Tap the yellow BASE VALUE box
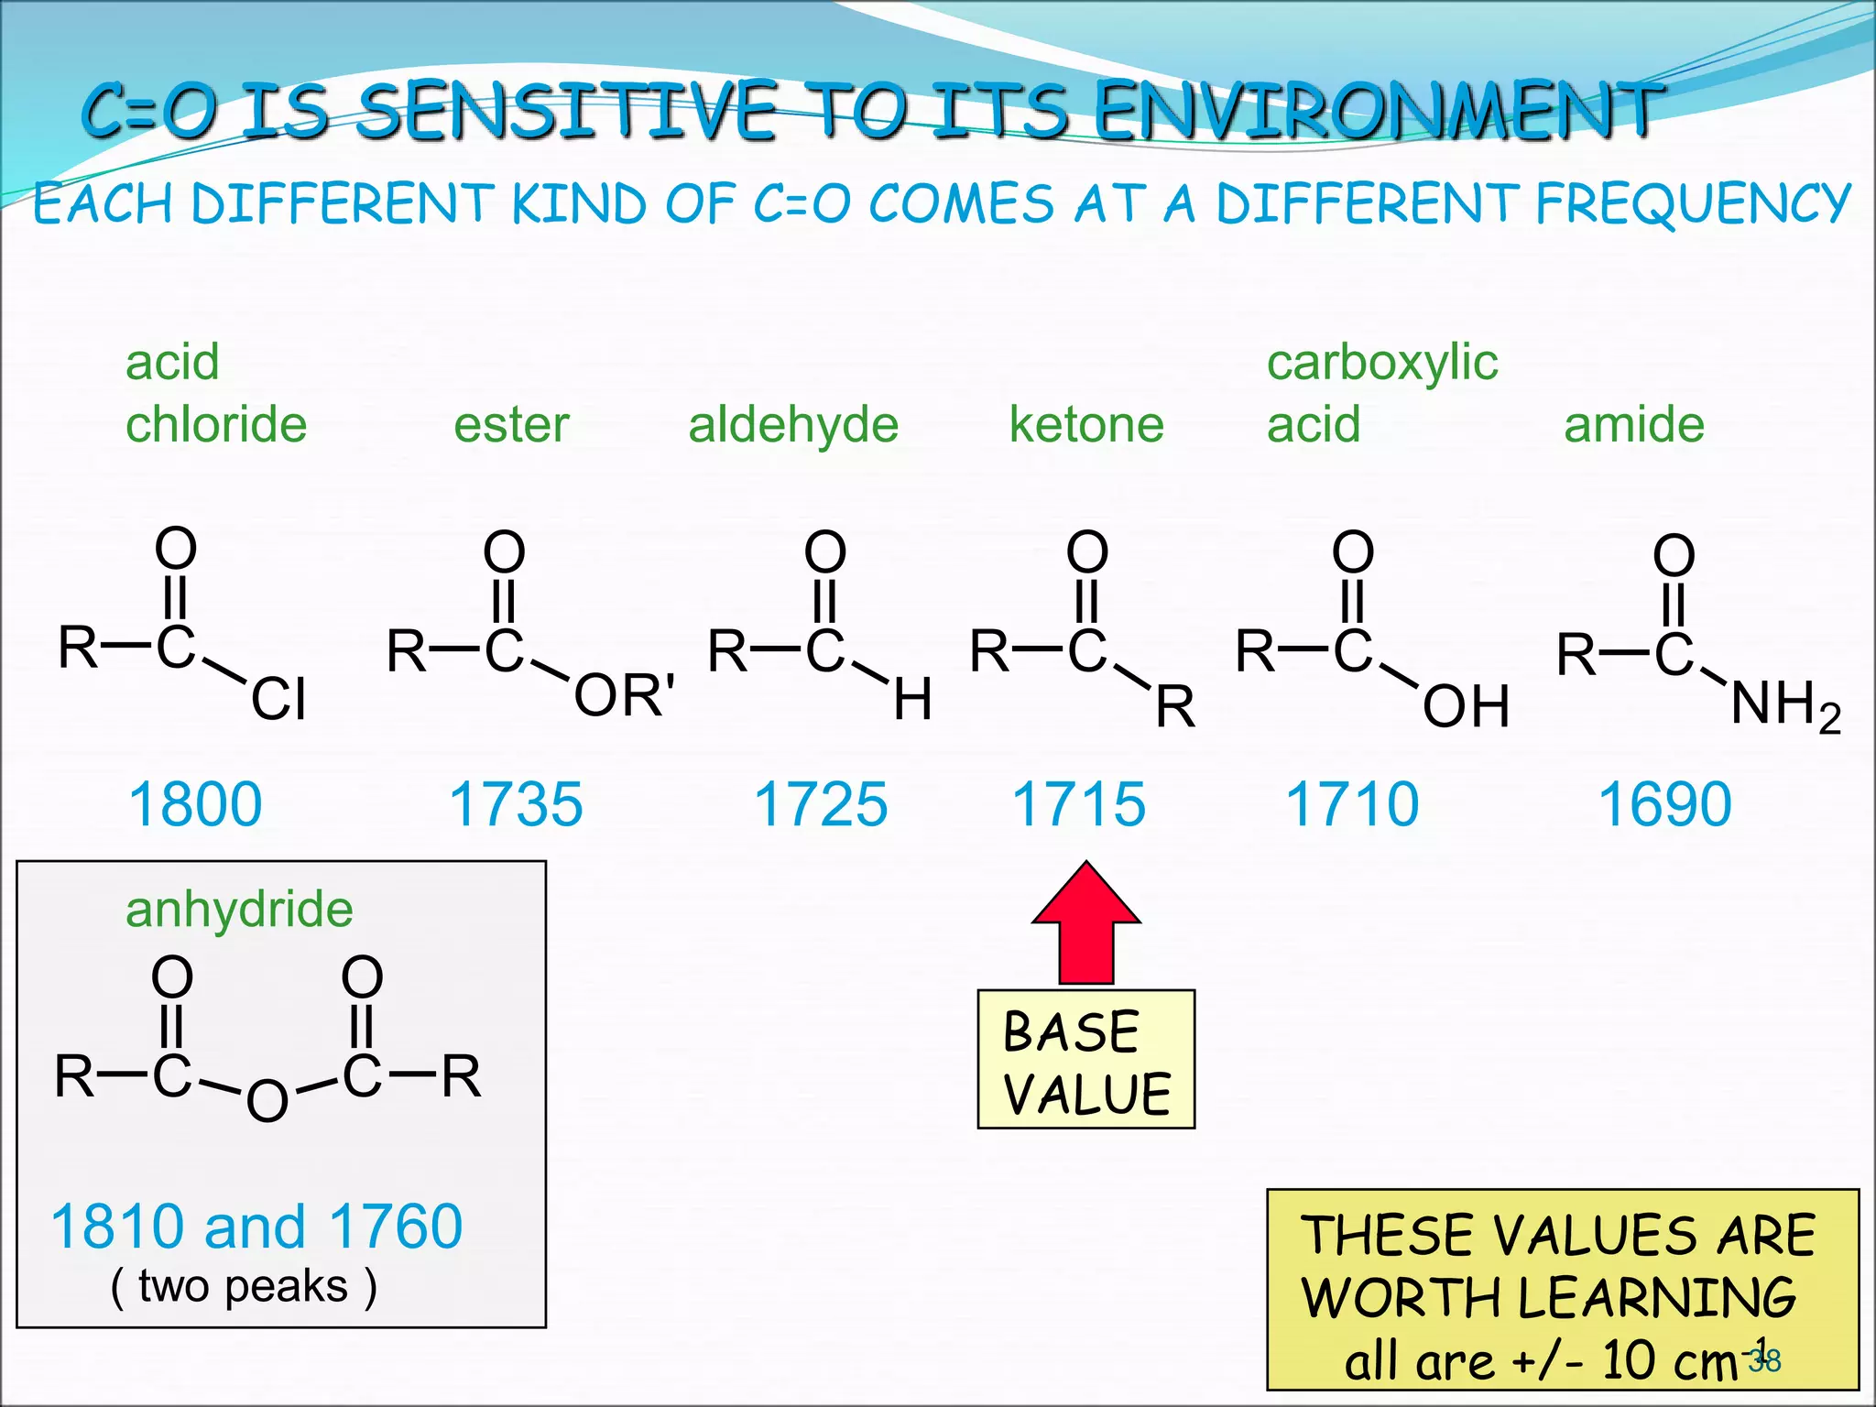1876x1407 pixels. (x=1086, y=1060)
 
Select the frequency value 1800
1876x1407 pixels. (x=195, y=805)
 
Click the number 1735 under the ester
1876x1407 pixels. (x=516, y=805)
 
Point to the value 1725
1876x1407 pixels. (x=821, y=805)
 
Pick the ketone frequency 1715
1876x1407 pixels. (x=1078, y=805)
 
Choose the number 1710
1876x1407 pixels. (x=1352, y=805)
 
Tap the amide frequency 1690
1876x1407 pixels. (x=1665, y=805)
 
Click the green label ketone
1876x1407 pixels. (x=1086, y=425)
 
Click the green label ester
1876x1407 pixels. (x=511, y=425)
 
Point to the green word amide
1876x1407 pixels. (x=1634, y=425)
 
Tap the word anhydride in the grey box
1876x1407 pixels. (x=239, y=911)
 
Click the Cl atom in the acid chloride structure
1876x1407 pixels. (x=278, y=700)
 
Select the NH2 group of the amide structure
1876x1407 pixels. (x=1784, y=707)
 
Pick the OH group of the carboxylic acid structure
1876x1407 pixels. (x=1466, y=707)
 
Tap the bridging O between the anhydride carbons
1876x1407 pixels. (x=267, y=1101)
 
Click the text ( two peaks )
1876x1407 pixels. (x=244, y=1286)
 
